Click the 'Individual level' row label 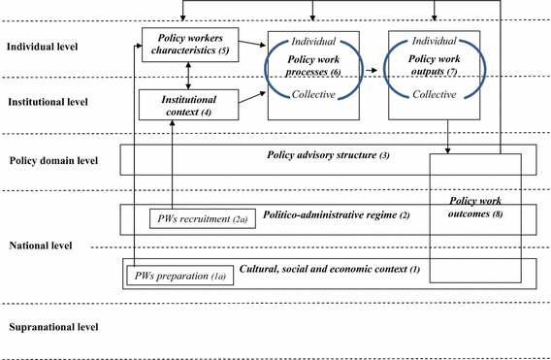pyautogui.click(x=43, y=46)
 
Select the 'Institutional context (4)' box pyautogui.click(x=188, y=105)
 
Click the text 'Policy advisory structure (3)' pyautogui.click(x=327, y=155)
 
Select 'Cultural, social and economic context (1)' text pyautogui.click(x=325, y=268)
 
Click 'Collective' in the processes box pyautogui.click(x=308, y=93)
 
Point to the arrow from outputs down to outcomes pyautogui.click(x=448, y=135)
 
